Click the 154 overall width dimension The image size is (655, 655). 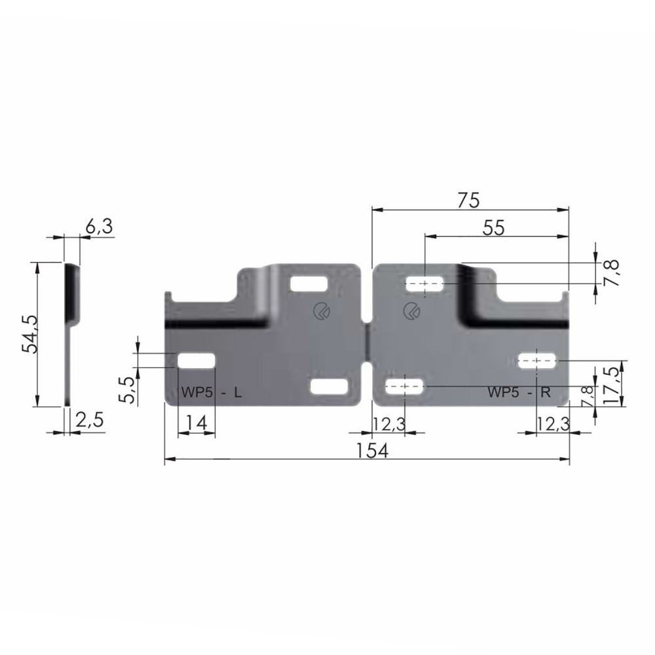tap(372, 451)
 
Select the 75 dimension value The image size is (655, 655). tap(468, 200)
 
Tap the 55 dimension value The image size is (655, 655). tap(494, 228)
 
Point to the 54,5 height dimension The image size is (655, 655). tap(30, 334)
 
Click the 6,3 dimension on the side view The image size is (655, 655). tap(99, 226)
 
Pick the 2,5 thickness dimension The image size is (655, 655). tap(89, 420)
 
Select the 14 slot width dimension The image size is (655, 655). tap(196, 422)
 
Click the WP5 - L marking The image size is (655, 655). tap(212, 392)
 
